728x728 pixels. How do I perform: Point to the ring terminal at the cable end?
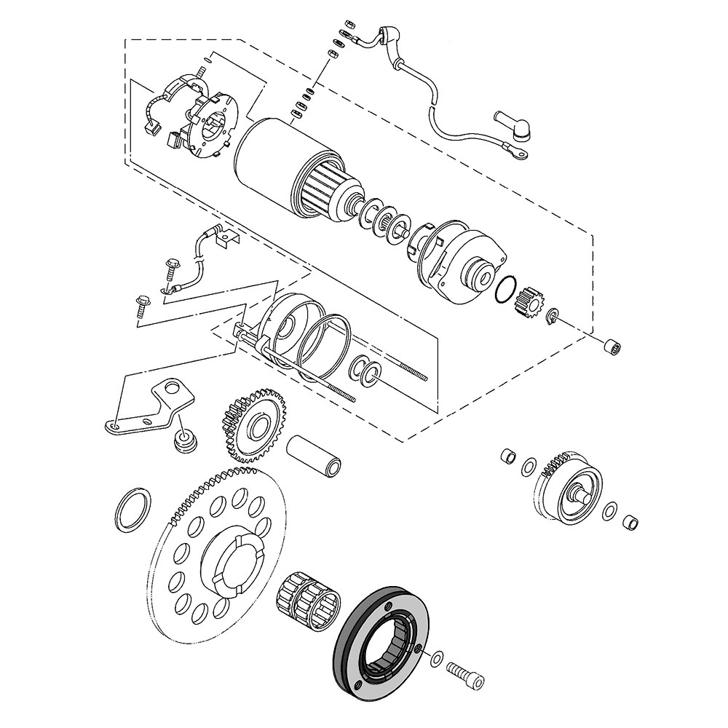(518, 153)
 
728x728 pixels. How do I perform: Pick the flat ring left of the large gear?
(133, 507)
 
